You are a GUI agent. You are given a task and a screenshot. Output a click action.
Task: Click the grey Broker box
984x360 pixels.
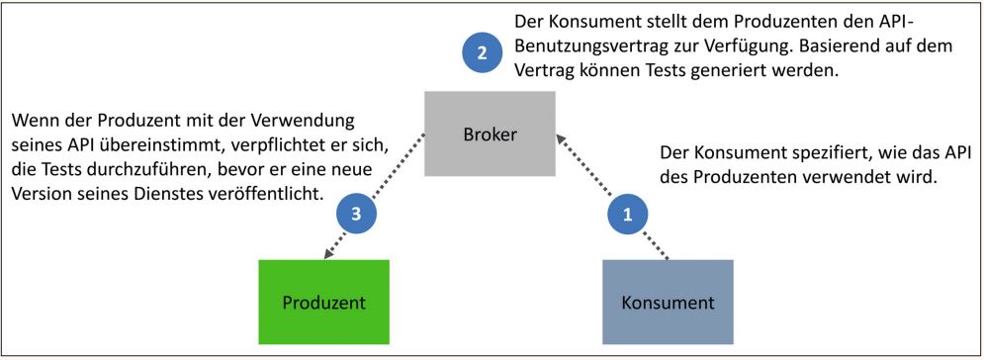click(490, 134)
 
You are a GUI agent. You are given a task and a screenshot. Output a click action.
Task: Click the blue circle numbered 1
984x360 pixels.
click(625, 211)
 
